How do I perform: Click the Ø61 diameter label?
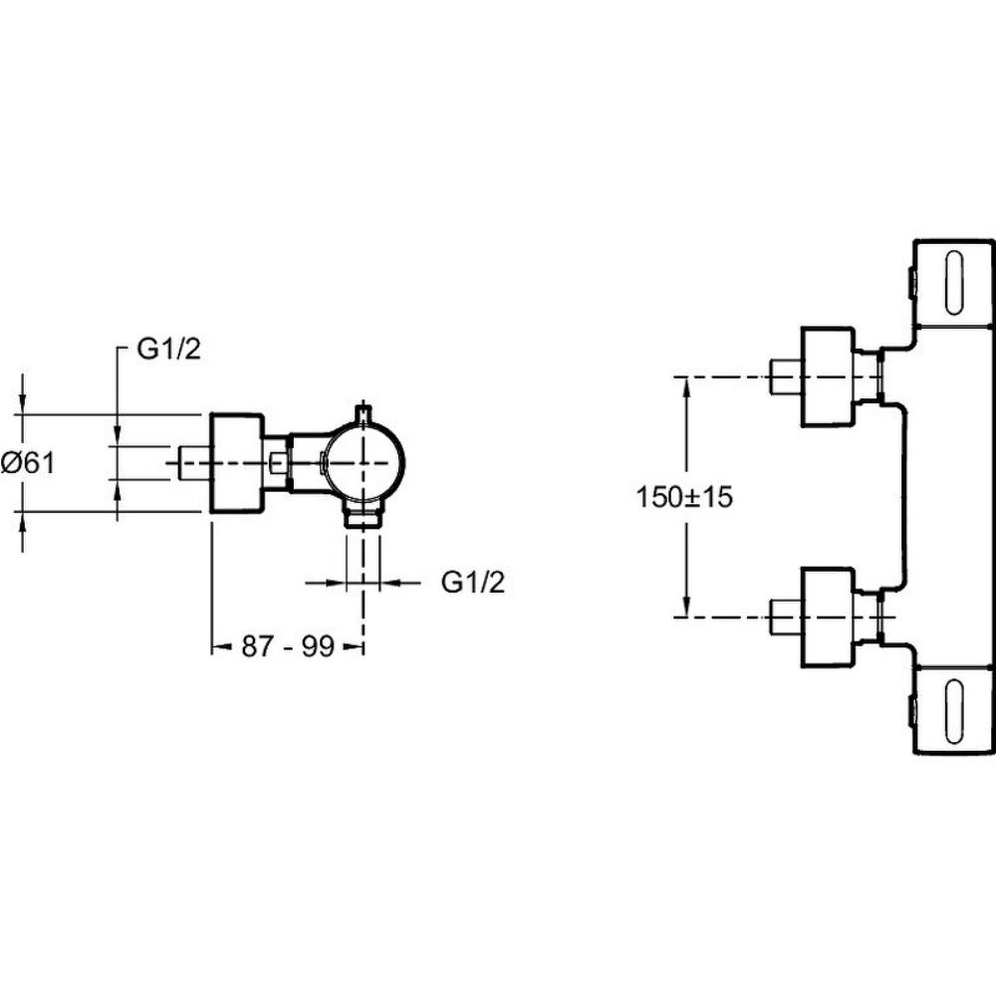29,462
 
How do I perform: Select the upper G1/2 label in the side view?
165,350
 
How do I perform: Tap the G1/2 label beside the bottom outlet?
473,584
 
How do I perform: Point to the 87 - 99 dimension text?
286,647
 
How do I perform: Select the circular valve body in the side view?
363,464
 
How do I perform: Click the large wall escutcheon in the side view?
235,463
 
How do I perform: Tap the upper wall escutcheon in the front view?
829,376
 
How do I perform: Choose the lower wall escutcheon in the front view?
829,618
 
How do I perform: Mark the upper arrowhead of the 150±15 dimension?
686,384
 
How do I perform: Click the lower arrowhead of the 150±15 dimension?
686,609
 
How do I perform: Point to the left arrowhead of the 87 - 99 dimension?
217,647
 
